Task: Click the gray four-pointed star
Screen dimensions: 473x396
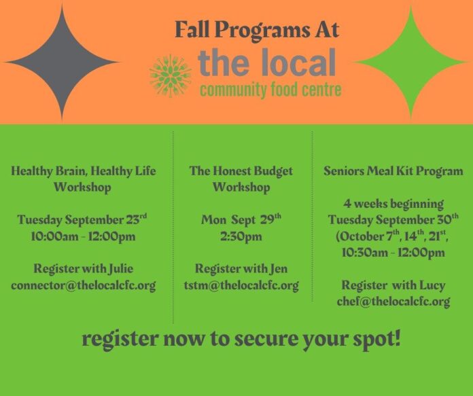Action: (x=62, y=62)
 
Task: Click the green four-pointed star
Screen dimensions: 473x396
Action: (x=410, y=62)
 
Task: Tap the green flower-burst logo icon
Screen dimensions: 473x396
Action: (x=171, y=76)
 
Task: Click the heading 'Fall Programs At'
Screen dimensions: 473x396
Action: (x=258, y=30)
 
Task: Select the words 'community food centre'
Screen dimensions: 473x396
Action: (x=270, y=90)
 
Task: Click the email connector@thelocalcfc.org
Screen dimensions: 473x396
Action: (x=84, y=285)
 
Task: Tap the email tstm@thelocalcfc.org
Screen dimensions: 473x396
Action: (x=241, y=285)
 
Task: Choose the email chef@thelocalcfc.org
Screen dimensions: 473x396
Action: (x=393, y=302)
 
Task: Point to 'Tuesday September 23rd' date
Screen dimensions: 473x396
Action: (x=82, y=219)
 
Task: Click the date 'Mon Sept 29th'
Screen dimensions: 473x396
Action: (x=241, y=219)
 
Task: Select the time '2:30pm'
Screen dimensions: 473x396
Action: (x=241, y=236)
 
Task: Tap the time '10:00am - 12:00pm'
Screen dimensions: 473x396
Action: (x=84, y=236)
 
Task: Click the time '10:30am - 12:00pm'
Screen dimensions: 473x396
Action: (x=393, y=253)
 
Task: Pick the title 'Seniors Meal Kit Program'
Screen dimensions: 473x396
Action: (x=393, y=171)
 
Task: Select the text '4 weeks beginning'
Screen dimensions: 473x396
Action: (x=393, y=204)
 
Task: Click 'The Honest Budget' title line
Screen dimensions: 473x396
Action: (x=241, y=171)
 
